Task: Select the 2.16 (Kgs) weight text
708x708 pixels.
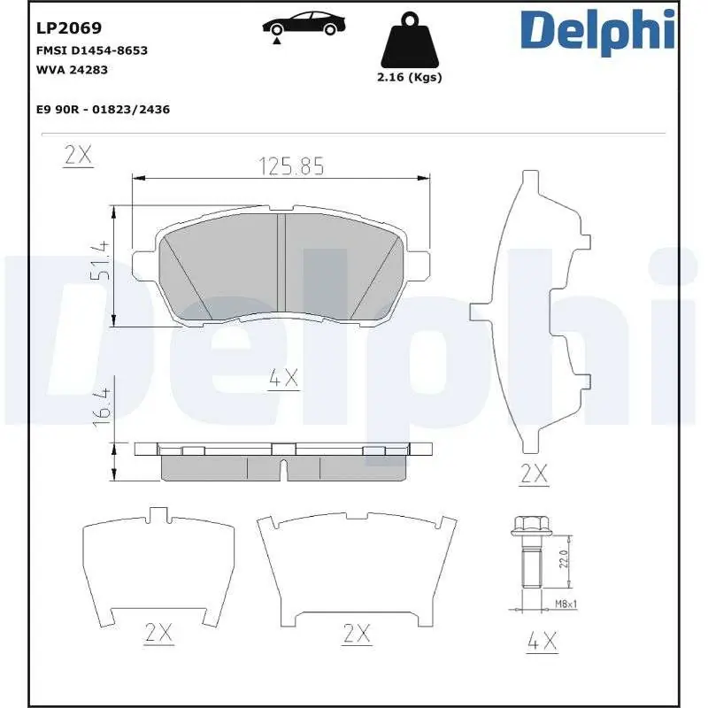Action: coord(408,77)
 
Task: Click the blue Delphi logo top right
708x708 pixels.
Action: coord(597,31)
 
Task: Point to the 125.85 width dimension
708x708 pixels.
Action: coord(291,165)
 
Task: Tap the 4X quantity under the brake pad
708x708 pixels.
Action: coord(283,379)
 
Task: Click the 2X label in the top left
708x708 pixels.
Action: coord(79,155)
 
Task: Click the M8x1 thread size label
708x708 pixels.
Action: coord(566,604)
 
